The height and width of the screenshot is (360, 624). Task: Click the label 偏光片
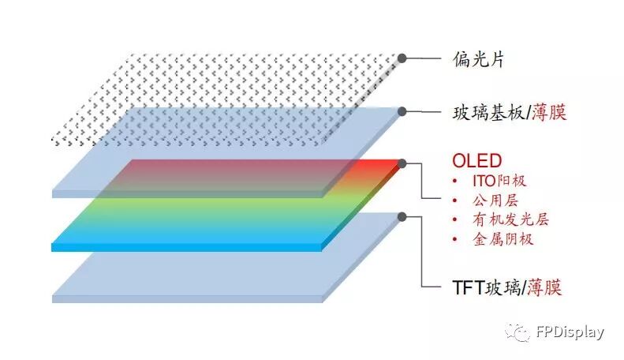tap(479, 58)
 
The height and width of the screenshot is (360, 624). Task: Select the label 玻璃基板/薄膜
tap(510, 112)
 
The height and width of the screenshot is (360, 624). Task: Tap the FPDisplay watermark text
tap(568, 332)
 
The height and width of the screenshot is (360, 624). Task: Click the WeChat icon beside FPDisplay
tap(518, 332)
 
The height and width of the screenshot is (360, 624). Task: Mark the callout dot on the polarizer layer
tap(402, 58)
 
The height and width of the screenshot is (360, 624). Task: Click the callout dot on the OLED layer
tap(402, 163)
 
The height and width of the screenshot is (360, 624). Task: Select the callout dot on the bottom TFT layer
tap(402, 216)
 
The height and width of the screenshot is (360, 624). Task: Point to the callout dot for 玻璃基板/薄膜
tap(402, 111)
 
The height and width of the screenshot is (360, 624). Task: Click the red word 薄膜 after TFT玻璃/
tap(544, 287)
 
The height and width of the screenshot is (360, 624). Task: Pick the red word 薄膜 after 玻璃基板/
tap(547, 112)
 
